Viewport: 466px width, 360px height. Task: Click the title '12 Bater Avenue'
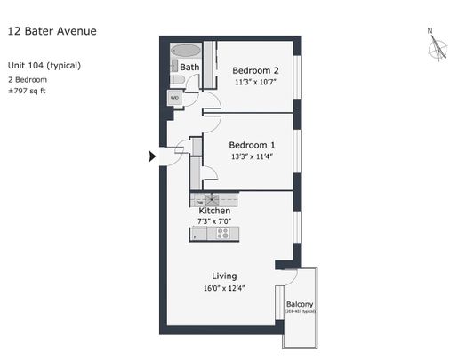click(x=52, y=31)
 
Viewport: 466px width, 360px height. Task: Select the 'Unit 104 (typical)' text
click(x=44, y=66)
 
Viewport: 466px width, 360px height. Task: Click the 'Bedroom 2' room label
click(x=256, y=71)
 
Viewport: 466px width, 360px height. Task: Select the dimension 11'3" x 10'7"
click(x=256, y=83)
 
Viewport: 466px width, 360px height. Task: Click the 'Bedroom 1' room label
click(x=252, y=145)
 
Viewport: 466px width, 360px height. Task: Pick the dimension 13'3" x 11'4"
click(x=252, y=156)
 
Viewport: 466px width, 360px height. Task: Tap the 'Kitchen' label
click(x=214, y=211)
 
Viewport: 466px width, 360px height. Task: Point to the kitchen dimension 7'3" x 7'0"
click(x=214, y=221)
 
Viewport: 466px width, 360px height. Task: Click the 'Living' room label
click(x=224, y=276)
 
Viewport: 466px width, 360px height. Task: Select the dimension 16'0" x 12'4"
click(x=224, y=288)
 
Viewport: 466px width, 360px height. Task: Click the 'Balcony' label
click(x=300, y=305)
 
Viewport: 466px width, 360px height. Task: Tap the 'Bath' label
click(x=189, y=67)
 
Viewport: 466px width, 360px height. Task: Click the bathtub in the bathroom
click(x=186, y=51)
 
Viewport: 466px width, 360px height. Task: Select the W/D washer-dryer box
click(x=175, y=98)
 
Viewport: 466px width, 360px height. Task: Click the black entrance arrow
click(x=152, y=156)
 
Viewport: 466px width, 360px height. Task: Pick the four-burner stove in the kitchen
click(x=222, y=235)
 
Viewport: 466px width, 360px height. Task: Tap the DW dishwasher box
click(x=199, y=202)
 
